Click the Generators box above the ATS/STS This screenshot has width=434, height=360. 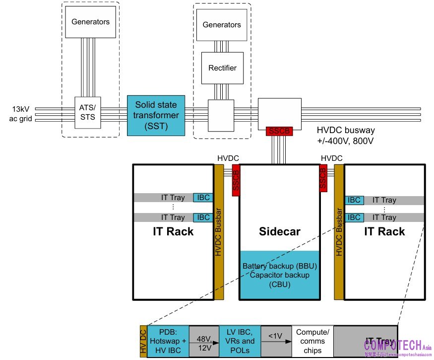click(90, 22)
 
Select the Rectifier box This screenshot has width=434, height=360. click(222, 68)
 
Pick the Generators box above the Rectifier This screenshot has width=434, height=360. click(222, 25)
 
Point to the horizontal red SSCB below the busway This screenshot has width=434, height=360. click(280, 132)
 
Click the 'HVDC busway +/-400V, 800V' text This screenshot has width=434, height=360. click(346, 135)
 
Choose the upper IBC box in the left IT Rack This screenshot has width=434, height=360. click(202, 198)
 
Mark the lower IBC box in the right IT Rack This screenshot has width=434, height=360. click(354, 217)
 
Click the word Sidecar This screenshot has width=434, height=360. click(279, 231)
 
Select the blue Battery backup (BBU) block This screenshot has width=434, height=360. click(279, 275)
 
